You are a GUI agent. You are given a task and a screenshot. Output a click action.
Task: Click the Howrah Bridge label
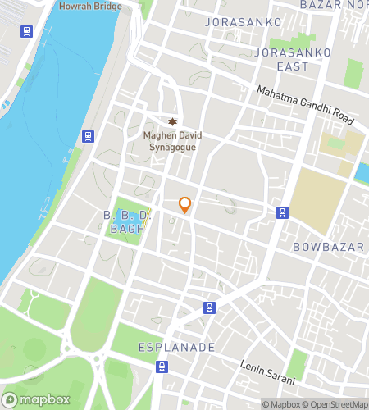pos(90,7)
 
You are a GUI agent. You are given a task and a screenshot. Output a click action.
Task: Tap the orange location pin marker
pos(185,205)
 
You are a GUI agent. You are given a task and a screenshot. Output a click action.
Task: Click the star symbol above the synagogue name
pos(172,121)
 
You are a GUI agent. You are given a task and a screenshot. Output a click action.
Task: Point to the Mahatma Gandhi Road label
pos(304,106)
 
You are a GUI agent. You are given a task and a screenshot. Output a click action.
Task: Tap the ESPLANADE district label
pos(176,347)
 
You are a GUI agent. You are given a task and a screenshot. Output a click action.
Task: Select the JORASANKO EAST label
pos(293,59)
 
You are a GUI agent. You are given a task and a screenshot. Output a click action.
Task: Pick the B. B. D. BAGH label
pos(127,221)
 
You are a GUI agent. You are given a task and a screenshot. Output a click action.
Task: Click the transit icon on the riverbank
pos(88,136)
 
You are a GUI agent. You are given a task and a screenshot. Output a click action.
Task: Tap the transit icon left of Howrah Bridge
pos(27,32)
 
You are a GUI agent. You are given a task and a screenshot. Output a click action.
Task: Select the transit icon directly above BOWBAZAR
pos(282,213)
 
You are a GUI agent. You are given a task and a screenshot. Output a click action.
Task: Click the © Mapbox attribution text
pos(280,403)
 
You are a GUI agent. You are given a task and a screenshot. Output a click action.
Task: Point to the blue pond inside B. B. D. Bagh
pos(128,216)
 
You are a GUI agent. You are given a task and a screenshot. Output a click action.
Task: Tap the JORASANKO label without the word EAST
pos(244,21)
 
